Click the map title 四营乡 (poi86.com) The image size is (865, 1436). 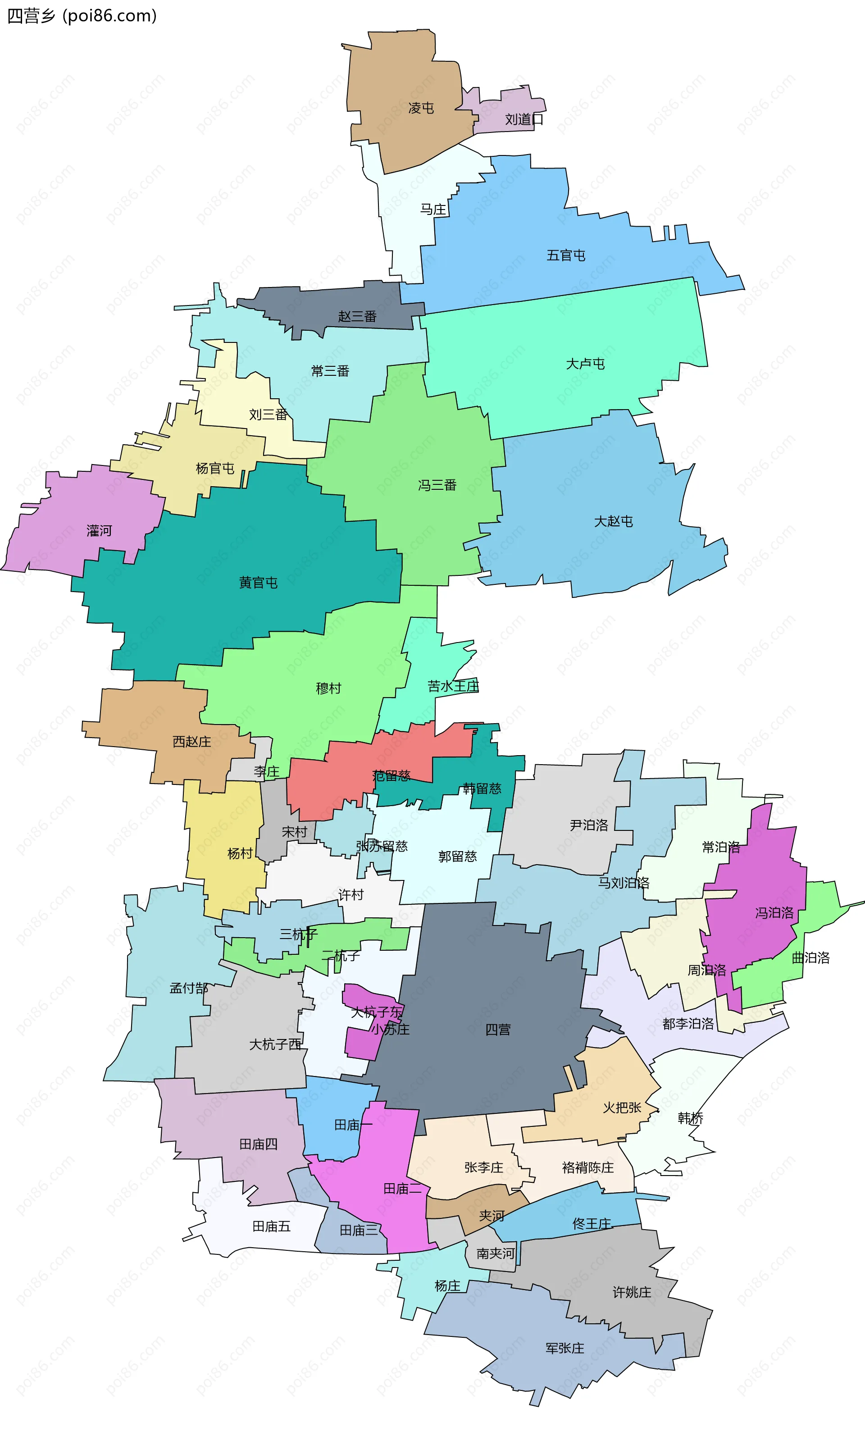pyautogui.click(x=82, y=16)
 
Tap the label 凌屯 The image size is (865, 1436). pyautogui.click(x=421, y=108)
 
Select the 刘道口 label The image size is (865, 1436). pyautogui.click(x=524, y=119)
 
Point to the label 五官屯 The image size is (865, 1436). pyautogui.click(x=565, y=255)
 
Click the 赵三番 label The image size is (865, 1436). pyautogui.click(x=357, y=316)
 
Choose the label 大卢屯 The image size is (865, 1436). pyautogui.click(x=585, y=364)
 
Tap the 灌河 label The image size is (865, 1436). pyautogui.click(x=99, y=531)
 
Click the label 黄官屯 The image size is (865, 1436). pyautogui.click(x=258, y=582)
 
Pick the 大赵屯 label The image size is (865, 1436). pyautogui.click(x=613, y=521)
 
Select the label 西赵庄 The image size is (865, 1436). pyautogui.click(x=192, y=741)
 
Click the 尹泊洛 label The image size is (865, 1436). pyautogui.click(x=589, y=825)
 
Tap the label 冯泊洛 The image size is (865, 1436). pyautogui.click(x=774, y=913)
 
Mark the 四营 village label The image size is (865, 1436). pyautogui.click(x=498, y=1030)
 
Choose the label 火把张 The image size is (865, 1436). pyautogui.click(x=622, y=1108)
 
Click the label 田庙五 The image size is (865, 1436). pyautogui.click(x=271, y=1226)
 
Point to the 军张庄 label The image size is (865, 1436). pyautogui.click(x=564, y=1348)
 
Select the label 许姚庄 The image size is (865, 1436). pyautogui.click(x=632, y=1292)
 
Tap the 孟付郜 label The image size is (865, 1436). pyautogui.click(x=188, y=988)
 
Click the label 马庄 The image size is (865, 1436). pyautogui.click(x=433, y=209)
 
